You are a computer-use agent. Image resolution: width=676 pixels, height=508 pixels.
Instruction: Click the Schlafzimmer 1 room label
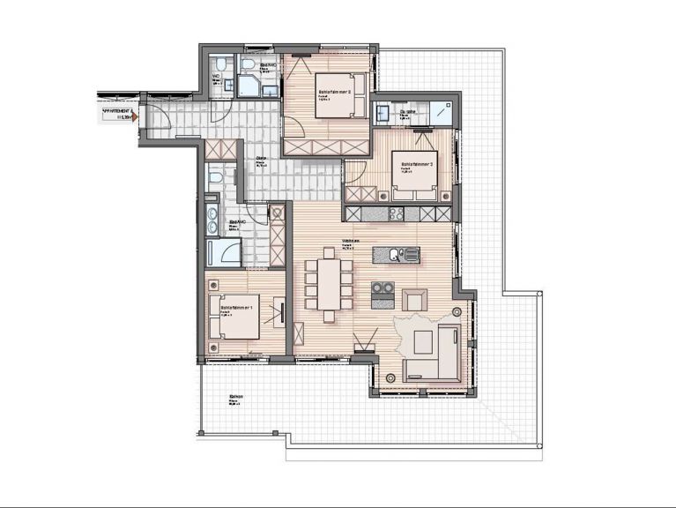pyautogui.click(x=238, y=307)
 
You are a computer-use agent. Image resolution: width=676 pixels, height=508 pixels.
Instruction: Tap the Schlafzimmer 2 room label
pyautogui.click(x=335, y=91)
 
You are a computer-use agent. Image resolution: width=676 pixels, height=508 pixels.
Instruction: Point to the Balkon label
pyautogui.click(x=235, y=397)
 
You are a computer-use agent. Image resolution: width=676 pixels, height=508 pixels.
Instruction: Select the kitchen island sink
pyautogui.click(x=396, y=255)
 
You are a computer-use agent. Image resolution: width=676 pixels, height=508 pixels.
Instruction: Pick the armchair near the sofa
pyautogui.click(x=414, y=300)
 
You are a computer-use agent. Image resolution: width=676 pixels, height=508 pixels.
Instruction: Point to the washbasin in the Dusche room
pyautogui.click(x=383, y=113)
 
